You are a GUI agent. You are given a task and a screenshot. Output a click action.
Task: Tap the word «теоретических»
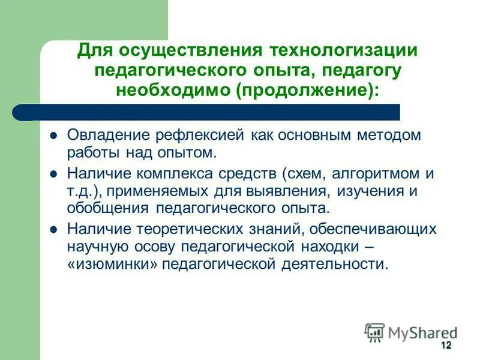coord(194,230)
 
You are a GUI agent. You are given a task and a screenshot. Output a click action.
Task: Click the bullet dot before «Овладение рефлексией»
coord(53,136)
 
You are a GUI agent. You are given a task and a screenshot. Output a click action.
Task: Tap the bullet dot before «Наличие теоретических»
coord(53,230)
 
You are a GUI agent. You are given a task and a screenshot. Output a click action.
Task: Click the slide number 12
coord(445,345)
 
